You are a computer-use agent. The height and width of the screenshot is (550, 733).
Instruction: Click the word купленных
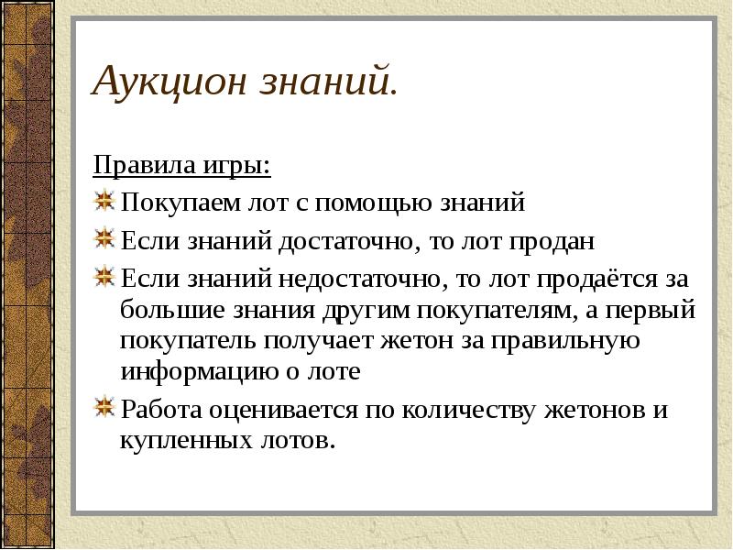point(182,441)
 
